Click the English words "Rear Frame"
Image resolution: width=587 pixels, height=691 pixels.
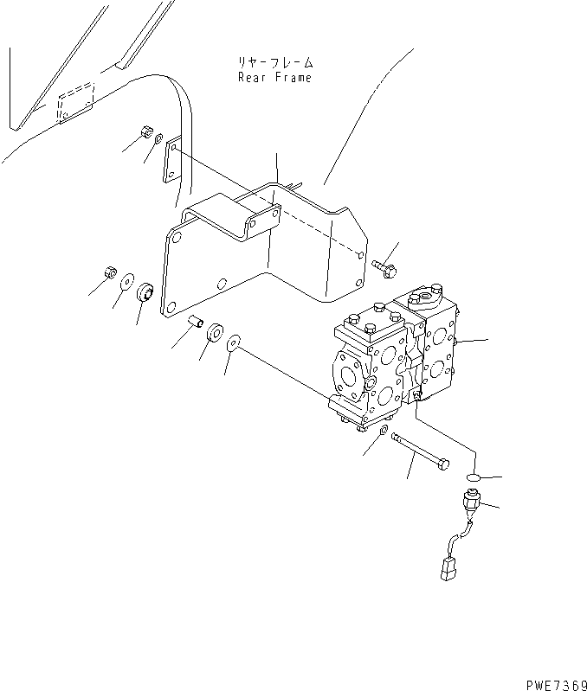click(274, 77)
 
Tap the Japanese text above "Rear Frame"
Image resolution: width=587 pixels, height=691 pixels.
click(275, 62)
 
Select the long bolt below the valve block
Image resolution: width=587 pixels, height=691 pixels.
click(421, 451)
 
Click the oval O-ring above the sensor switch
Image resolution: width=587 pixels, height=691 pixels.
click(474, 477)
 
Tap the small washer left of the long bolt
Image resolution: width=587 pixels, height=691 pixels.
click(384, 430)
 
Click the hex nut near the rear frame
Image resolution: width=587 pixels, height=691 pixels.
click(145, 133)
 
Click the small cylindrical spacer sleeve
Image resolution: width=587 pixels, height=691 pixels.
click(197, 323)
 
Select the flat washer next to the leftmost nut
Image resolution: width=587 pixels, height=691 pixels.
click(126, 280)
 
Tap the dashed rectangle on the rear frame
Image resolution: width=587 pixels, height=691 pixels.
click(75, 102)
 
